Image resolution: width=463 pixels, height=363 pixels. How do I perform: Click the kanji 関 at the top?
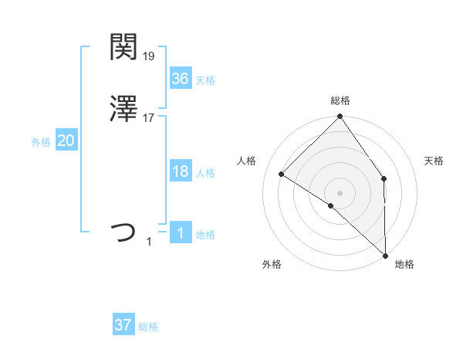click(123, 48)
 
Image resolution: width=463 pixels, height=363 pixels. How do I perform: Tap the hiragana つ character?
click(123, 232)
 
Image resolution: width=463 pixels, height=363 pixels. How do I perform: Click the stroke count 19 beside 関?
click(149, 56)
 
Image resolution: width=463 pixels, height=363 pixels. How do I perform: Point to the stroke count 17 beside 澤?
click(149, 118)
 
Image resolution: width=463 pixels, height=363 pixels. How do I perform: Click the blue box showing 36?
click(180, 79)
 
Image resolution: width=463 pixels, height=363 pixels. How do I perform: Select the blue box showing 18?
click(180, 171)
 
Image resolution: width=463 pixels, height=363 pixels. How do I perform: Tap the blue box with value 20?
click(66, 141)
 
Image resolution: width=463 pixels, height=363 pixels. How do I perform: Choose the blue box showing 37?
click(123, 325)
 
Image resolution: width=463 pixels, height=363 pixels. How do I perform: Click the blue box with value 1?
click(180, 233)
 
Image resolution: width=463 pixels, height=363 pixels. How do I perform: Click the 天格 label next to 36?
click(205, 80)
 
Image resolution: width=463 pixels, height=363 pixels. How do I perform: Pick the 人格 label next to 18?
click(205, 173)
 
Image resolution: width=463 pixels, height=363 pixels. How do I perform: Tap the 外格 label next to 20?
click(41, 142)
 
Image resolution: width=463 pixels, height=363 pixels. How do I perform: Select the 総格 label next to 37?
click(148, 327)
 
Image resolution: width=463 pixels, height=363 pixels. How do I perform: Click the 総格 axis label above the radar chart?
click(340, 100)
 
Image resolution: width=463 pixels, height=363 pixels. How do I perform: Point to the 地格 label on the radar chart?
click(404, 264)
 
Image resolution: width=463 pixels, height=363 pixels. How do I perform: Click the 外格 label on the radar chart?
click(271, 264)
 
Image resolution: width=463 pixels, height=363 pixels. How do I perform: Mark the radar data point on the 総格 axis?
click(340, 118)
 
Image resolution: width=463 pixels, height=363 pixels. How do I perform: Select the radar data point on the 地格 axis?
click(385, 255)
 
